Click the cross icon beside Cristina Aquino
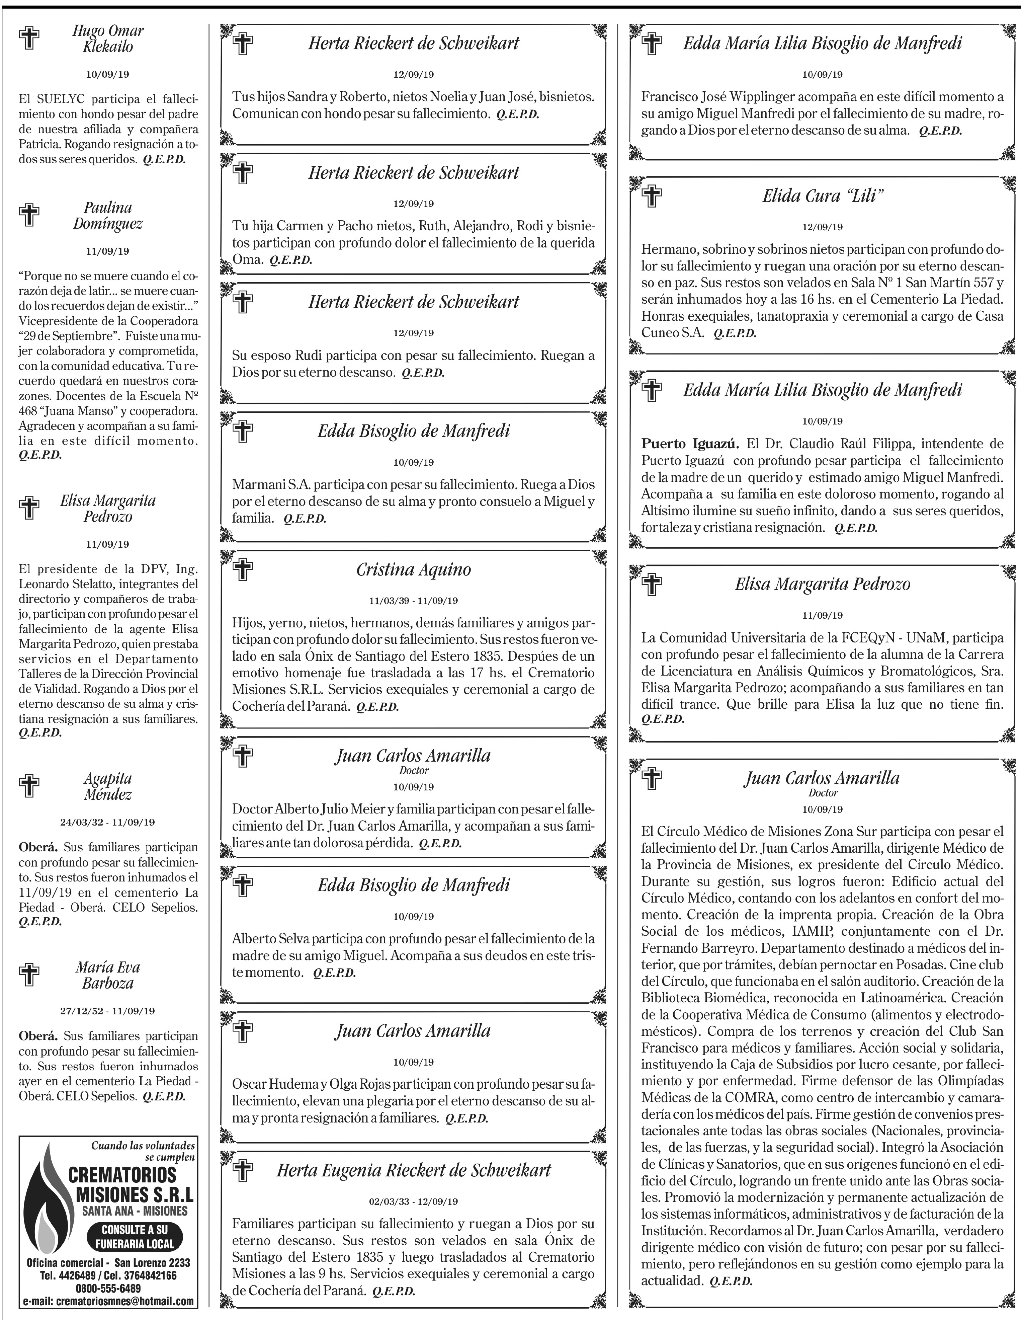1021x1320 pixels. pyautogui.click(x=243, y=569)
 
